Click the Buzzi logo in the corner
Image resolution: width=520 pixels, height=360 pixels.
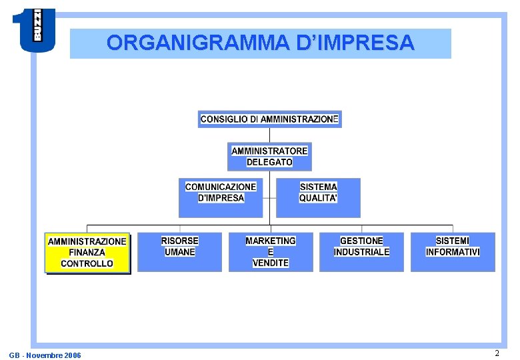33,30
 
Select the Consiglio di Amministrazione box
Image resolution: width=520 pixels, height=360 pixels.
269,119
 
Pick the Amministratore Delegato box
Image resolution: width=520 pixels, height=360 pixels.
269,157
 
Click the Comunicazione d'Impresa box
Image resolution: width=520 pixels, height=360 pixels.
221,197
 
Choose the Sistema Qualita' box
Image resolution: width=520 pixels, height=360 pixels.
318,197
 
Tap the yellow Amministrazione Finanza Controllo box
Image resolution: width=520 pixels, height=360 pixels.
87,253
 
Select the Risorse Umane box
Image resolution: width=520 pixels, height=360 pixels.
179,251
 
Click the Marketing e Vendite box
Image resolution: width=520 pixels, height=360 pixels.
270,251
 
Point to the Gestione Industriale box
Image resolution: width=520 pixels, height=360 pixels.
361,251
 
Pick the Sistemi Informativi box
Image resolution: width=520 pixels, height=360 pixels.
453,251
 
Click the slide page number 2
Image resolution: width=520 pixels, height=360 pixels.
497,353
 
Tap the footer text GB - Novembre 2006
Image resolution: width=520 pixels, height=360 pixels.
45,355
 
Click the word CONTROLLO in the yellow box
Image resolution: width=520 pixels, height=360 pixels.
87,264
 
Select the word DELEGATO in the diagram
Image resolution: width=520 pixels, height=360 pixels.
269,162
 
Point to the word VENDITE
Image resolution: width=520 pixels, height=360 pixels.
270,263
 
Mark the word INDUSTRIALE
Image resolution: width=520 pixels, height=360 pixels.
361,252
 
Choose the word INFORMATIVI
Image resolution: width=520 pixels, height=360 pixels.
453,252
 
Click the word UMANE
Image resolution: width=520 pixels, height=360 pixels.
179,252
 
